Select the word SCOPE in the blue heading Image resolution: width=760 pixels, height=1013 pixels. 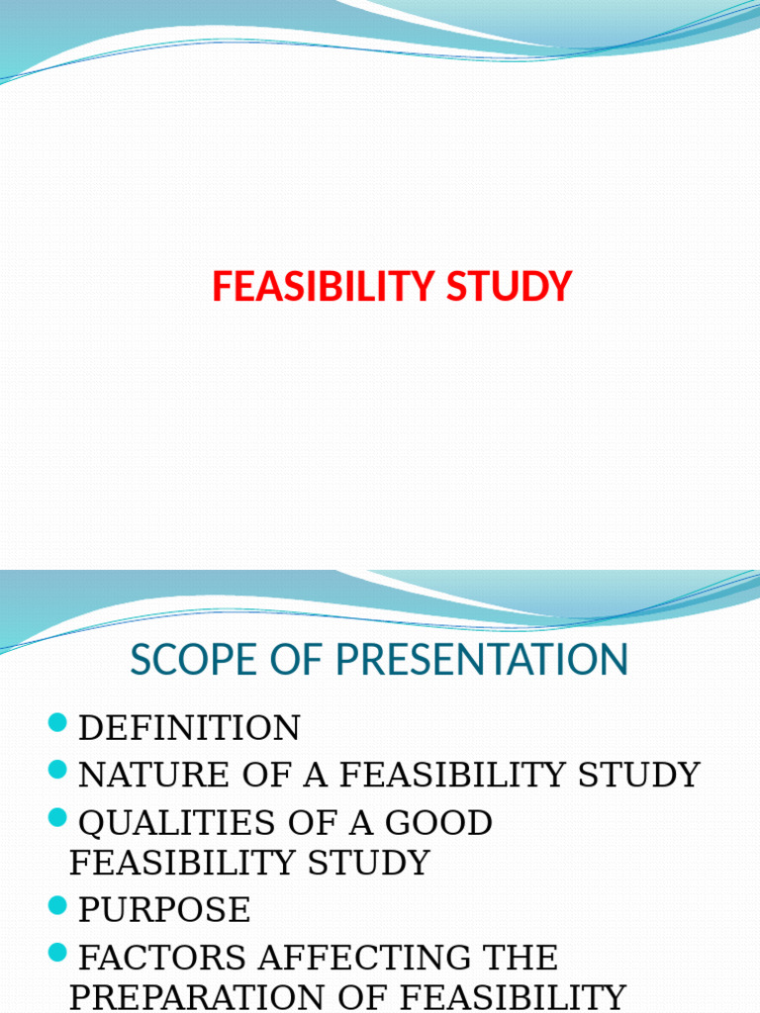pyautogui.click(x=187, y=660)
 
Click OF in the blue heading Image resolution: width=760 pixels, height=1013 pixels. pyautogui.click(x=286, y=660)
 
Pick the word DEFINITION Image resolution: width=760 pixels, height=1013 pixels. pyautogui.click(x=189, y=728)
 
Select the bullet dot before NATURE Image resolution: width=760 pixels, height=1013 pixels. pyautogui.click(x=57, y=770)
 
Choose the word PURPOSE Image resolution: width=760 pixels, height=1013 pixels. pyautogui.click(x=164, y=909)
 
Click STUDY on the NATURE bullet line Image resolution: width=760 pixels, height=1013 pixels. pyautogui.click(x=642, y=775)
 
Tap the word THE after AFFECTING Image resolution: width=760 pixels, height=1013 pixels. pyautogui.click(x=520, y=957)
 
